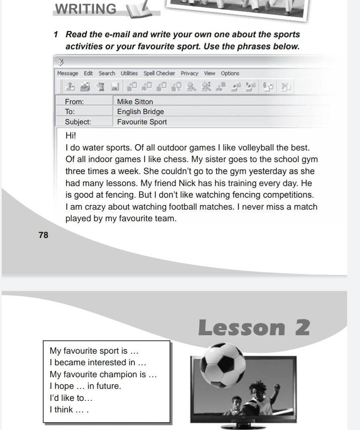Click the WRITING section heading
(86, 9)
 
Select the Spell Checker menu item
(159, 73)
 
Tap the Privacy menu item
(189, 73)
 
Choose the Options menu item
(230, 73)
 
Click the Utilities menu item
(129, 73)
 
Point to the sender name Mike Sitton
(135, 102)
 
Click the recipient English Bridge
(140, 111)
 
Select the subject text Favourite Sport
(142, 122)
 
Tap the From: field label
(74, 102)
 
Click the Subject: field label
(78, 122)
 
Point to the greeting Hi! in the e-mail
(71, 135)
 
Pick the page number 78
(43, 235)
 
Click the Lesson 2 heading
(254, 328)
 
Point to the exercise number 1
(56, 35)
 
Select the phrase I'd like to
(71, 398)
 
